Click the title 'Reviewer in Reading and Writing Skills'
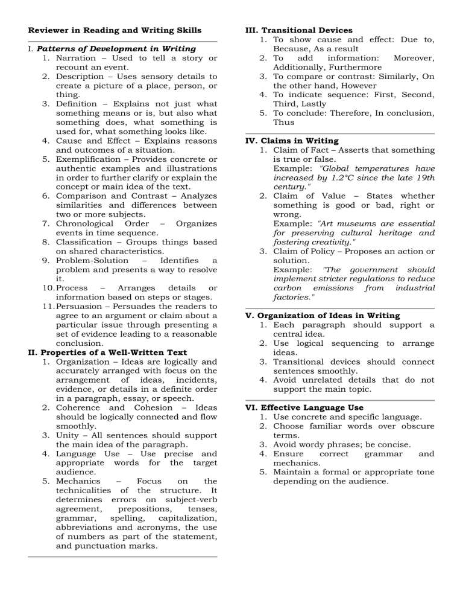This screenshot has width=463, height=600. (x=115, y=30)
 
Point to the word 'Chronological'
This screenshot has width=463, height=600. (x=87, y=223)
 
